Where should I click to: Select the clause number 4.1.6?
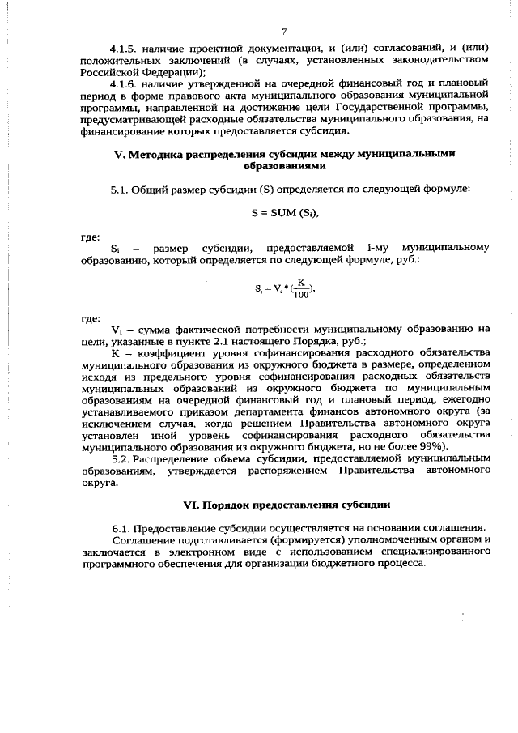click(126, 83)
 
